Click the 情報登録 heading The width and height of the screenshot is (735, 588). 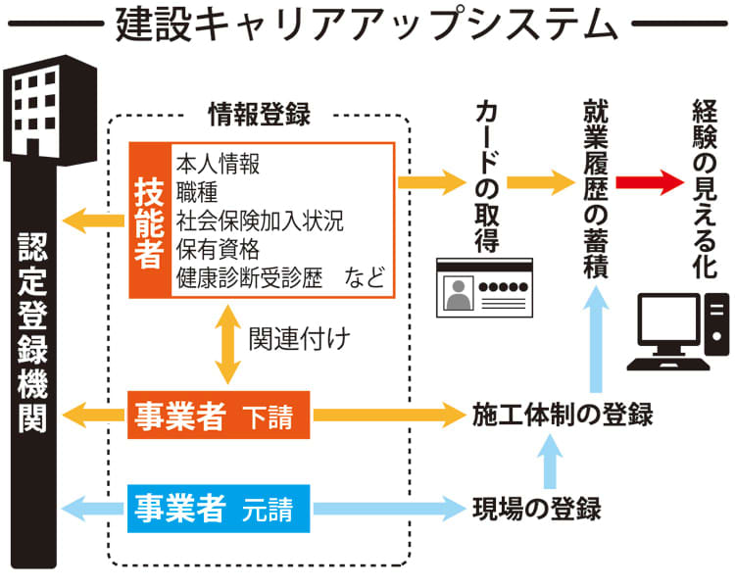click(260, 115)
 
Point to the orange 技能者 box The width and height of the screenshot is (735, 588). click(151, 221)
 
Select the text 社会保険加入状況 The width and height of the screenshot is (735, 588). click(261, 219)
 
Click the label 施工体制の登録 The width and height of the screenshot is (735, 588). click(562, 415)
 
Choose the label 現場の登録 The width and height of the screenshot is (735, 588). click(535, 509)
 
